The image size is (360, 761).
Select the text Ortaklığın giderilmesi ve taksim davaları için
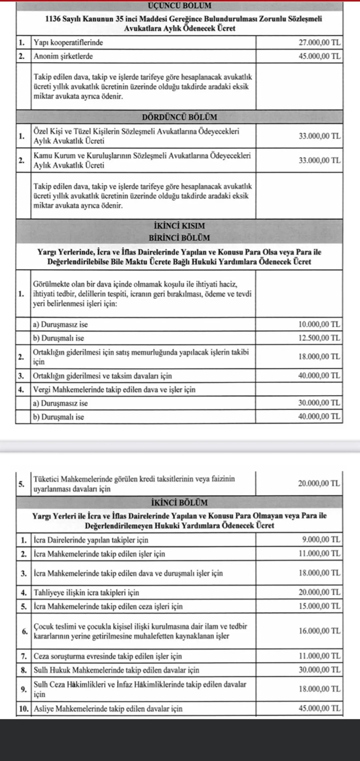tap(103, 376)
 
